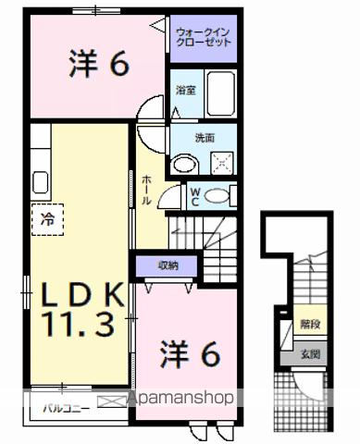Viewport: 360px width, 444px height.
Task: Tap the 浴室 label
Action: pos(185,91)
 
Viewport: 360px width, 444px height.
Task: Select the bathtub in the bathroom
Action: pos(221,92)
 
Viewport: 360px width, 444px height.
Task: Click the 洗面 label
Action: pos(204,138)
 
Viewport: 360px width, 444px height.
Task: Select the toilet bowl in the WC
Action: pos(218,194)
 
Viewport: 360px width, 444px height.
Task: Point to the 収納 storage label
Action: pos(168,265)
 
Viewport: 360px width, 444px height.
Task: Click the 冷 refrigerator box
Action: pos(45,218)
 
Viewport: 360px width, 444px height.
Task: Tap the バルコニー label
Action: pos(63,404)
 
